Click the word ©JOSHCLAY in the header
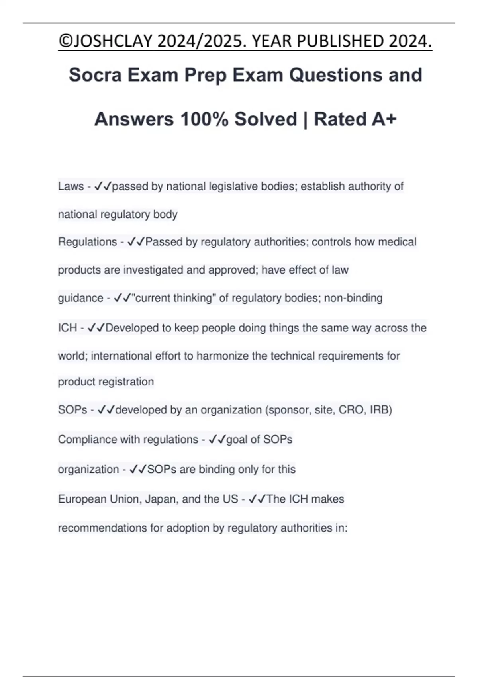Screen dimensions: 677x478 click(x=105, y=41)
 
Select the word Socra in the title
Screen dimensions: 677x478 click(x=95, y=75)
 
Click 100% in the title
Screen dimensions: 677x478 click(x=204, y=119)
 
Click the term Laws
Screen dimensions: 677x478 click(x=71, y=186)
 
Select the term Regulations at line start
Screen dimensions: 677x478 click(x=87, y=242)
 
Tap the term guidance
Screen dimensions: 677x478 click(x=80, y=298)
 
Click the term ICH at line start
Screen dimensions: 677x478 click(x=67, y=328)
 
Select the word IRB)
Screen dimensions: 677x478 click(x=381, y=410)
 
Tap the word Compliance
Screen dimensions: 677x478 click(x=87, y=440)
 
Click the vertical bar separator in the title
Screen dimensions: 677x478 click(x=305, y=119)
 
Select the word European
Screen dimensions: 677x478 click(x=82, y=499)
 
